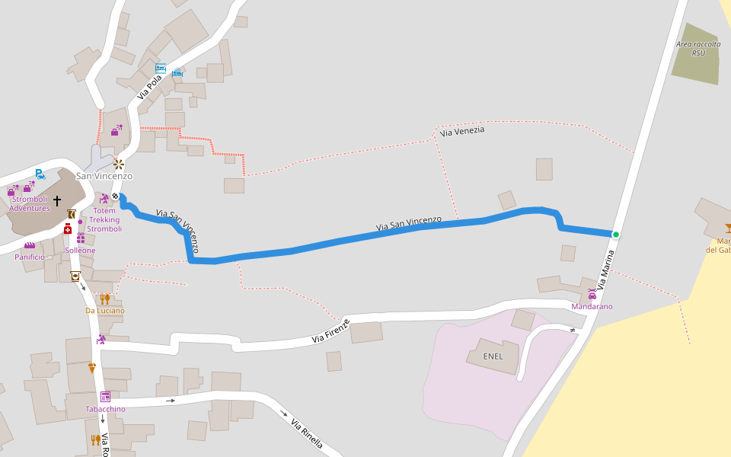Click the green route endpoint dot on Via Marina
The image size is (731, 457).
[x=615, y=235]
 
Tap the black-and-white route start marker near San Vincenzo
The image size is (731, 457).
[x=116, y=196]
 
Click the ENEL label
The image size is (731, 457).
[x=493, y=356]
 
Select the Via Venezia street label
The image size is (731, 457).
[x=462, y=131]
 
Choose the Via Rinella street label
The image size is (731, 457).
[x=307, y=433]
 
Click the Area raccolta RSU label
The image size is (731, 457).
[x=697, y=49]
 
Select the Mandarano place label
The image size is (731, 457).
[x=592, y=306]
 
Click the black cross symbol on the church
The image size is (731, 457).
[x=57, y=200]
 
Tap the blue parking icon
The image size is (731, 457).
[x=40, y=174]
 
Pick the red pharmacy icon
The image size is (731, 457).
[x=68, y=228]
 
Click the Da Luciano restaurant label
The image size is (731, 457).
[x=104, y=310]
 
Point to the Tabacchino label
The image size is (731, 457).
[x=105, y=409]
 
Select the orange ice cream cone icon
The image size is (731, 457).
[x=92, y=368]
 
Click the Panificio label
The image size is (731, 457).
[x=30, y=257]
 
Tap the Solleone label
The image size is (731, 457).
[x=80, y=250]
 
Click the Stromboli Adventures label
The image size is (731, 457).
[x=30, y=203]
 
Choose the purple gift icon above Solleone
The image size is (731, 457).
[x=81, y=238]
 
